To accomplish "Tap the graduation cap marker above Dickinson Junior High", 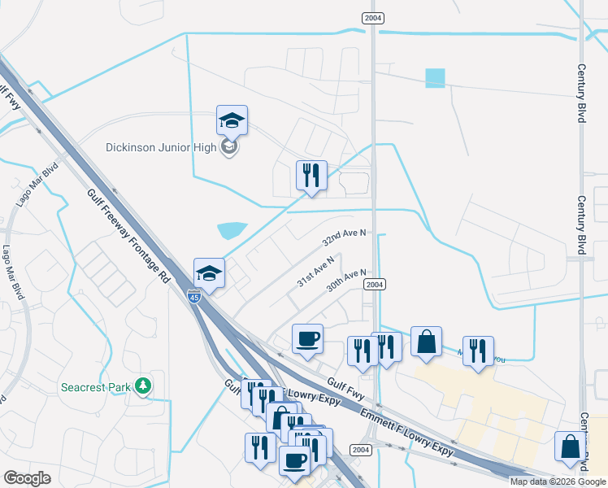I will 232,121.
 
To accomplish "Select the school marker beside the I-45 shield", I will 209,273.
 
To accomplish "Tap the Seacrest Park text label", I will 96,388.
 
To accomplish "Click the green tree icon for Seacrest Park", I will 144,385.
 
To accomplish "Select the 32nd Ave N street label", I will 345,237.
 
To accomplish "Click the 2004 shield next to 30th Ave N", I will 374,284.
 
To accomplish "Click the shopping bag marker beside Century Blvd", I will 570,447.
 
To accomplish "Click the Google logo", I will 27,478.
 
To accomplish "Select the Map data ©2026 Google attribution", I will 558,481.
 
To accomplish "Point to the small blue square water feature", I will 435,78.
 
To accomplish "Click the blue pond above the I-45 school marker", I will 232,230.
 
